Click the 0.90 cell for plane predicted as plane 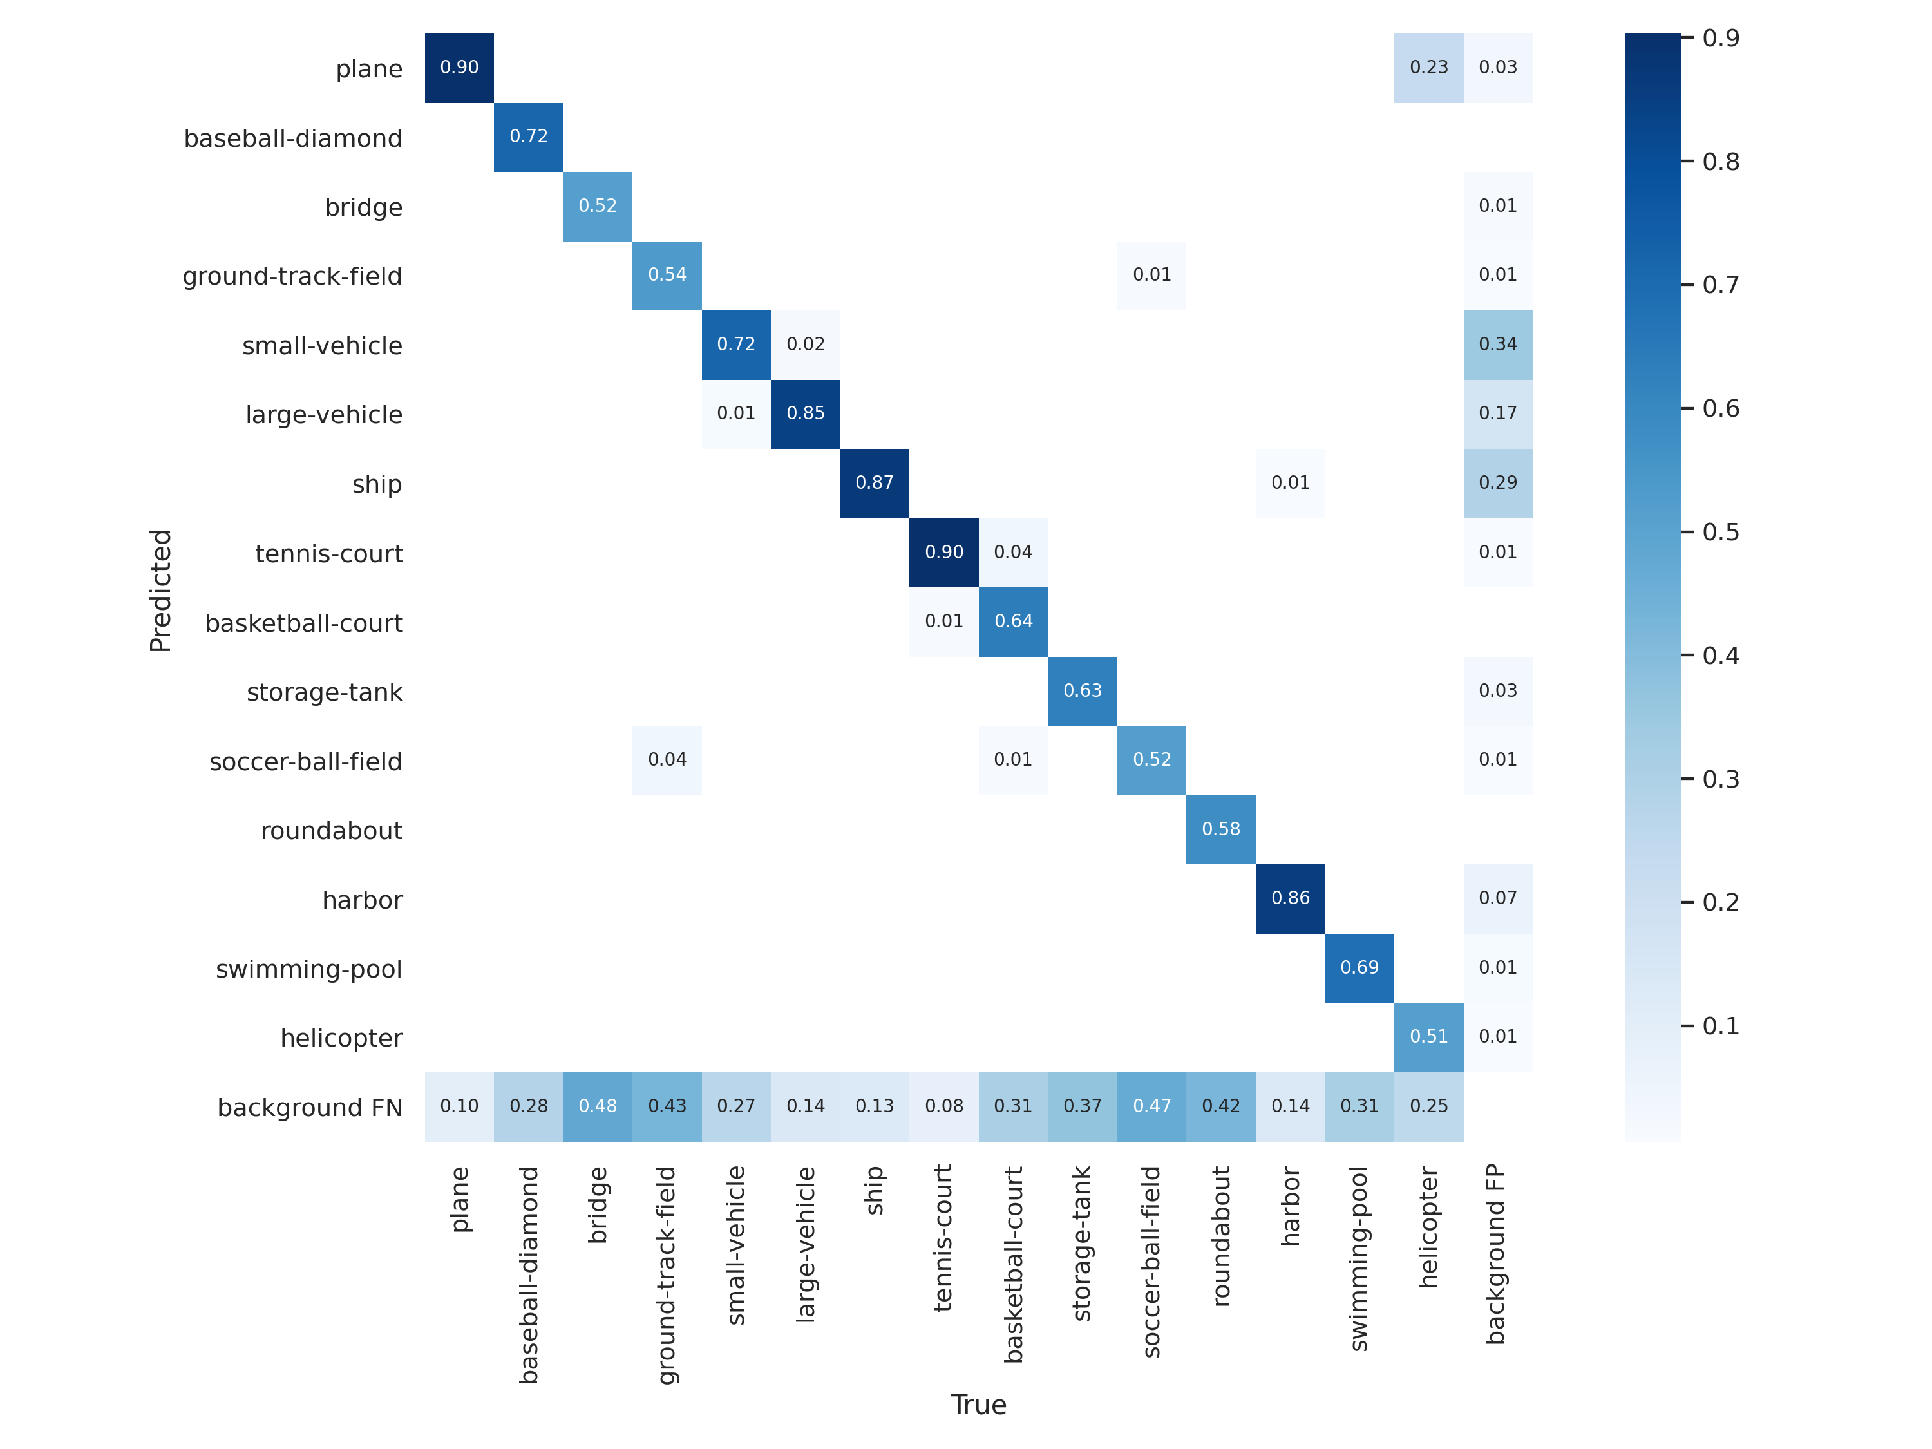[x=459, y=67]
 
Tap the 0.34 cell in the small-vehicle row [x=1497, y=344]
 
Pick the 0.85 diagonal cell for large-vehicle [x=804, y=413]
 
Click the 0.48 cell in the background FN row [x=598, y=1106]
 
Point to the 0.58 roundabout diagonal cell [x=1220, y=829]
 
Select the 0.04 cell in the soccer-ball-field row [x=667, y=760]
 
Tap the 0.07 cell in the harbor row [x=1497, y=898]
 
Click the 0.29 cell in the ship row [x=1497, y=482]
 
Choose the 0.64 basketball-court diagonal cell [x=1013, y=621]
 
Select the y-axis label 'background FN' [x=309, y=1108]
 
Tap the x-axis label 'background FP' [x=1495, y=1253]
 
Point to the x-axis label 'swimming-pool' [x=1358, y=1258]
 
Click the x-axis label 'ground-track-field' [x=667, y=1275]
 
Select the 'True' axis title [x=978, y=1405]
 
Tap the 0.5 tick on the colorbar [x=1719, y=532]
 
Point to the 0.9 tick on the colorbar [x=1719, y=37]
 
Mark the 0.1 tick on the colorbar [x=1719, y=1025]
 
